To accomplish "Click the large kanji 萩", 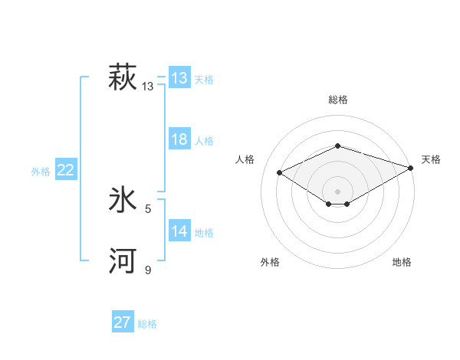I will (x=123, y=78).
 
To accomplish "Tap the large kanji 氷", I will (x=123, y=201).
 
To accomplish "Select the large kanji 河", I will (x=123, y=261).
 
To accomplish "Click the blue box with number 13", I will (x=179, y=78).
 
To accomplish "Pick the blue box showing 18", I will (x=179, y=139).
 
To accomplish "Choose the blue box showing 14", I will (x=179, y=231).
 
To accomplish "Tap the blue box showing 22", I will (x=65, y=170).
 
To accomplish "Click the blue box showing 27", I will (x=123, y=322).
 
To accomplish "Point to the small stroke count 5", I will (x=148, y=208).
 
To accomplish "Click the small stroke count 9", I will (x=148, y=270).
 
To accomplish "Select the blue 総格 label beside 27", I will (x=147, y=324).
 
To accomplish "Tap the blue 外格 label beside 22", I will (x=41, y=172).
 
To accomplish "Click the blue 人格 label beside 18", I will (x=204, y=141).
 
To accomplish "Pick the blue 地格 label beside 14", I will (x=204, y=233).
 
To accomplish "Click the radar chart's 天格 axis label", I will (x=431, y=159).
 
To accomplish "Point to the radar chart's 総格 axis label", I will (x=337, y=100).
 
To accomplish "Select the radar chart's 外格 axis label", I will (x=269, y=262).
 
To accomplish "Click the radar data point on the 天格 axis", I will (x=412, y=167).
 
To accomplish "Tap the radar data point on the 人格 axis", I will (x=280, y=173).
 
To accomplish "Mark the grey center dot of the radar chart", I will (x=337, y=191).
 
